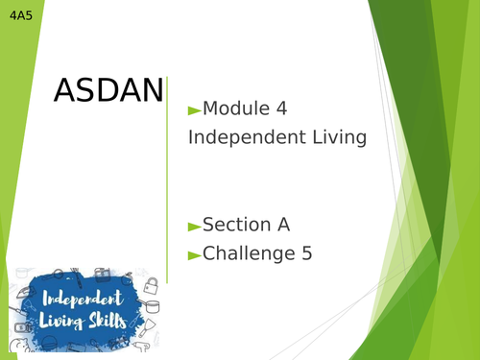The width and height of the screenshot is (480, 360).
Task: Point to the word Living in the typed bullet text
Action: [331, 137]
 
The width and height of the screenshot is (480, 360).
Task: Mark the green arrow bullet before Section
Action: [195, 227]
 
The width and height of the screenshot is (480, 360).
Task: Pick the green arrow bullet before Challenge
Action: [195, 255]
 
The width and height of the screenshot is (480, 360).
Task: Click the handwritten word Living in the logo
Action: [60, 321]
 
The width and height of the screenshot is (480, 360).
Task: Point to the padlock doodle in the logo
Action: [150, 284]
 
